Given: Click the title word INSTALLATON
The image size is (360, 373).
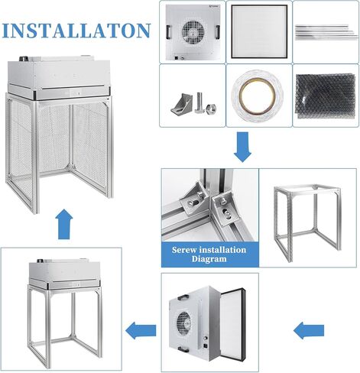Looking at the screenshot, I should [x=76, y=31].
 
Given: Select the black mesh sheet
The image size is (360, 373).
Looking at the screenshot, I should [x=324, y=96].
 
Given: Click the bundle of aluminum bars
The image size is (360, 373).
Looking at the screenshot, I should [x=324, y=31].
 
